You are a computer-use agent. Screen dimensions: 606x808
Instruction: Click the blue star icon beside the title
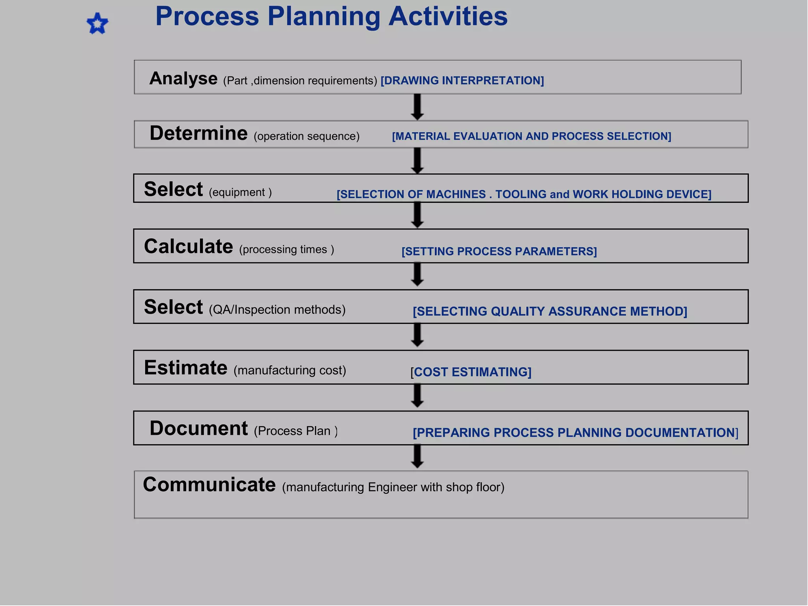coord(97,24)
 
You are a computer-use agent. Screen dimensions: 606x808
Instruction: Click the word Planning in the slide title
coord(324,17)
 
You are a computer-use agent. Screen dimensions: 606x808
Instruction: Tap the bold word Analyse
coord(183,79)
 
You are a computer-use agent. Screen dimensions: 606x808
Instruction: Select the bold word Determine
coord(198,133)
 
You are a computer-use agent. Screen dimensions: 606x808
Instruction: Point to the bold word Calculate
coord(188,247)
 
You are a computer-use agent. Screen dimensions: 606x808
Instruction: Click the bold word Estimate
coord(185,368)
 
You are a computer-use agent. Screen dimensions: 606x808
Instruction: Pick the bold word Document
coord(198,428)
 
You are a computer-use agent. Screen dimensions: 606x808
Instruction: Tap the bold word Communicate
coord(209,485)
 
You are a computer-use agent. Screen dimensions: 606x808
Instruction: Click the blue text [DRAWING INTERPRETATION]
coord(462,80)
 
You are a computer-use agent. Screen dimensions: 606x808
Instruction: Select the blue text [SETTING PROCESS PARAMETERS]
coord(499,251)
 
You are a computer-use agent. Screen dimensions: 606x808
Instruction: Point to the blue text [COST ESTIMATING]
coord(471,372)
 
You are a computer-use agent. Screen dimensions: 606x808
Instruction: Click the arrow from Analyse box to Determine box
coord(417,107)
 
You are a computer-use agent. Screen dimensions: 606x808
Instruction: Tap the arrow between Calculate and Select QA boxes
coord(417,275)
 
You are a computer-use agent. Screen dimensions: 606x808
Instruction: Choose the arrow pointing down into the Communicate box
coord(417,456)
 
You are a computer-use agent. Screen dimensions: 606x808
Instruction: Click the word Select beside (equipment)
coord(173,189)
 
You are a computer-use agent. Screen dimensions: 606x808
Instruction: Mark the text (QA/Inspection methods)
coord(277,310)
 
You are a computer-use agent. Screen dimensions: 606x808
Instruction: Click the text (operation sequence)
coord(307,137)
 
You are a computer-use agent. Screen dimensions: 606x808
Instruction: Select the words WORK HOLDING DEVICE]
coord(642,194)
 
